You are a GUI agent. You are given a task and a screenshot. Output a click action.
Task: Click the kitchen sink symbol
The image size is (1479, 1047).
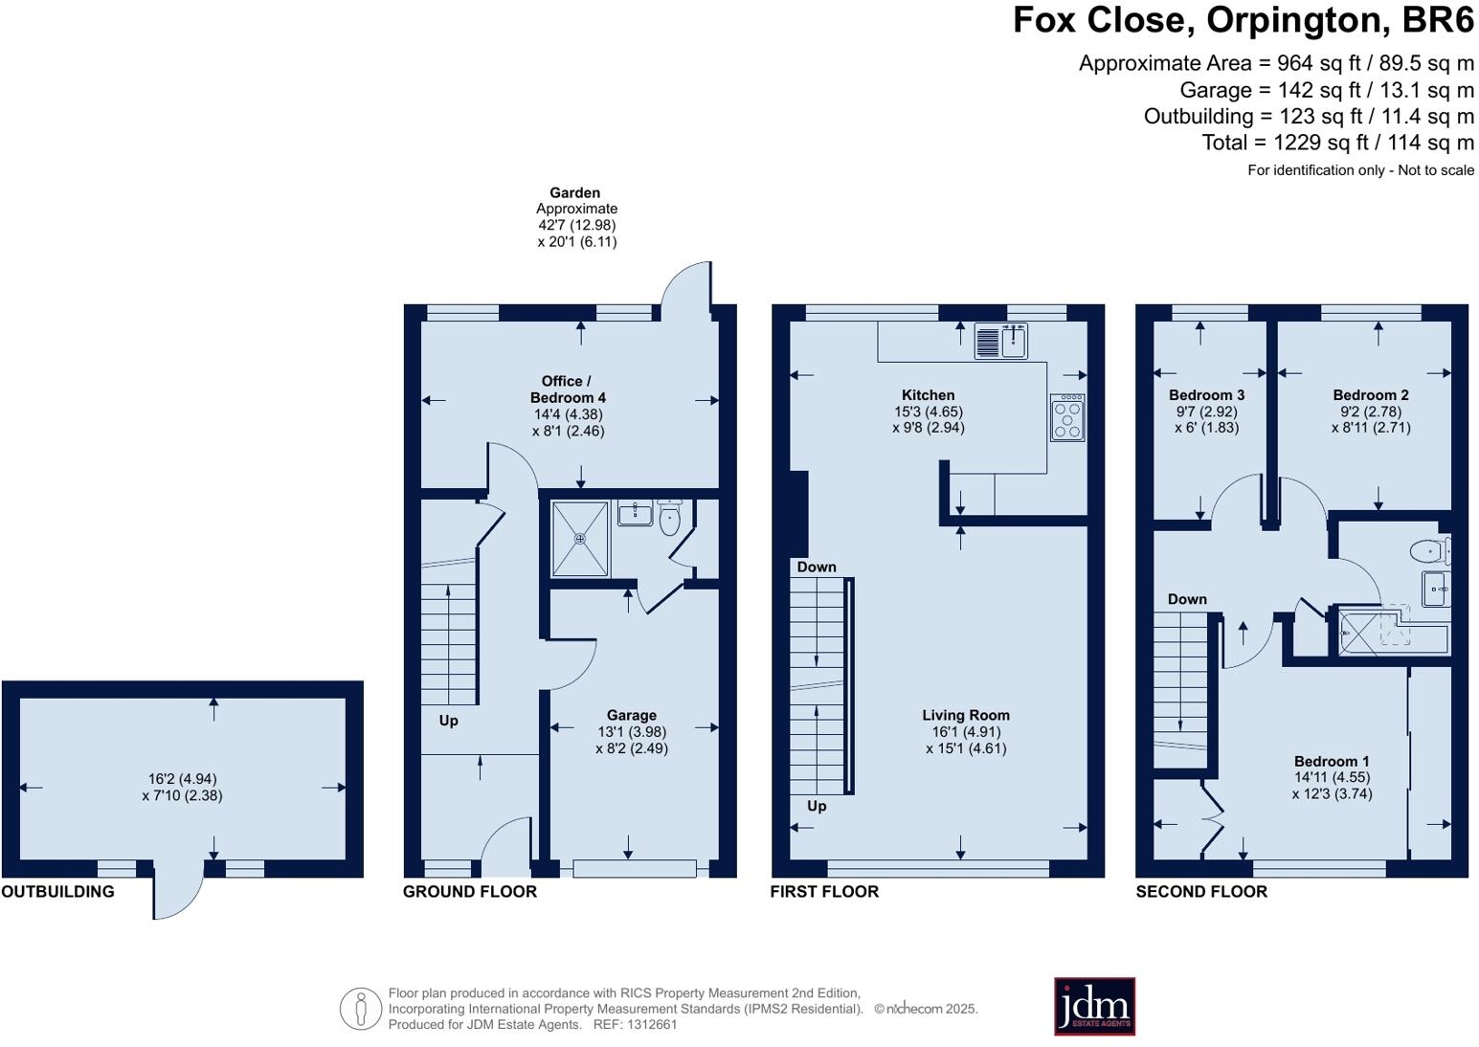[1001, 341]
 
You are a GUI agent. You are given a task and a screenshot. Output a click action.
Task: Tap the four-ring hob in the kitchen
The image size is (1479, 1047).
[1067, 418]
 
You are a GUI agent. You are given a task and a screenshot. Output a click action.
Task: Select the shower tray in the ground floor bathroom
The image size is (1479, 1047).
[580, 539]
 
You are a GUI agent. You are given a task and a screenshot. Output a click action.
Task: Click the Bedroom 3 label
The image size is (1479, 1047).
[1206, 394]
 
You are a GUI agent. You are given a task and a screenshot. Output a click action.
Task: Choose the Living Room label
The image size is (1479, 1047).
[965, 715]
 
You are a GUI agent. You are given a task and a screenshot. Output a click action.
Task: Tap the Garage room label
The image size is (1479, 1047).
[632, 715]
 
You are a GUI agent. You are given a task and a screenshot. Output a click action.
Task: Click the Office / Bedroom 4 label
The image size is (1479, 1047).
[568, 390]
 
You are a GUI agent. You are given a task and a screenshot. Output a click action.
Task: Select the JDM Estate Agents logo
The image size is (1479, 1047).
[1094, 1007]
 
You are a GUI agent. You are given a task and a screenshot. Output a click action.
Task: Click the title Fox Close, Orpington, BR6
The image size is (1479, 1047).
[1244, 20]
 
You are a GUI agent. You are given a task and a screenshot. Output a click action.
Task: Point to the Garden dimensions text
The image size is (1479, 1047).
[576, 234]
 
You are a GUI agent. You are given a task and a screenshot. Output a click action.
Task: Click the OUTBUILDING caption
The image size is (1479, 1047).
[57, 892]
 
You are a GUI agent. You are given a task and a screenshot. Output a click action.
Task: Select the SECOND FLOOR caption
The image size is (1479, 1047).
[1201, 892]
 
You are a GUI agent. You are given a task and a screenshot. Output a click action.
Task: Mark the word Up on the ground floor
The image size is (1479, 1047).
[448, 721]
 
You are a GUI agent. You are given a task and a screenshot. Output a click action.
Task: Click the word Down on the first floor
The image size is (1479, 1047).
[817, 568]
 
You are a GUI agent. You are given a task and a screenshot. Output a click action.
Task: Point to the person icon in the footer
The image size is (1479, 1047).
[361, 1009]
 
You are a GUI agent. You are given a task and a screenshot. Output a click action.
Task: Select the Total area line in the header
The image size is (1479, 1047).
[1337, 143]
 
